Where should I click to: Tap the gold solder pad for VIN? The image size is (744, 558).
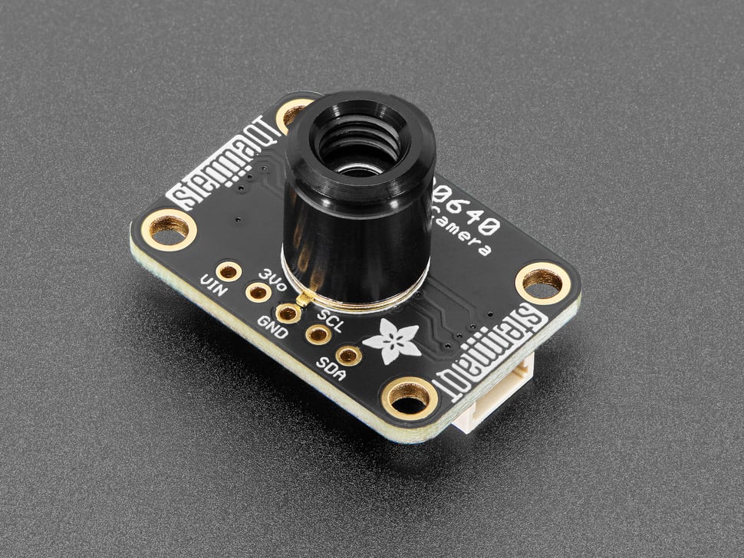(229, 271)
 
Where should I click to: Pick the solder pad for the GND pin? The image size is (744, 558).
(288, 313)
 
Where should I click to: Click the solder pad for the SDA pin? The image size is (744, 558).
(348, 355)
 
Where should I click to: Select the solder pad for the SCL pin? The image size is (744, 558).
(317, 334)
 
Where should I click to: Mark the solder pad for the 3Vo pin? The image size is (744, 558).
(258, 291)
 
